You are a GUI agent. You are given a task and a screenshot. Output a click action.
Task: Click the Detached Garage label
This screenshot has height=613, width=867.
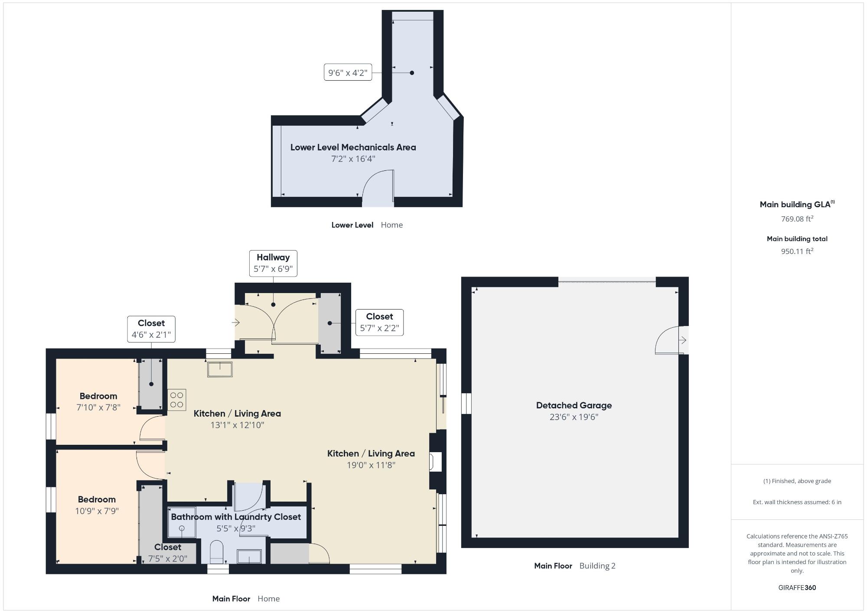tap(574, 405)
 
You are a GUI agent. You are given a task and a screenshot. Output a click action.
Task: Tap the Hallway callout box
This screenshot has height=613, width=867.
tap(273, 263)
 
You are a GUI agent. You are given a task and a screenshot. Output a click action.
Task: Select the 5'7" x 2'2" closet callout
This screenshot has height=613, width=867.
tap(379, 323)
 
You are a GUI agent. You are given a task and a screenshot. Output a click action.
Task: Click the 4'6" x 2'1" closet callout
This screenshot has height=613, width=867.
tap(151, 329)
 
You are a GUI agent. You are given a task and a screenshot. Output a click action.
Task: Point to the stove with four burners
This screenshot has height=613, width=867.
tap(177, 400)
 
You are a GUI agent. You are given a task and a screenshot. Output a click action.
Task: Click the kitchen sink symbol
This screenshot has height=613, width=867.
tap(220, 369)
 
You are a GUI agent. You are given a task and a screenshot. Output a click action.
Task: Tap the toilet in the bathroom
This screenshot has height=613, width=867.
tap(216, 551)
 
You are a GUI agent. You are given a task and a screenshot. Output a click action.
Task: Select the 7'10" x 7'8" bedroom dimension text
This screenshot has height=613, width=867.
tap(98, 408)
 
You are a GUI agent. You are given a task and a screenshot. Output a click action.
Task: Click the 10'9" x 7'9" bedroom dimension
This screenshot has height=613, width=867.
tap(97, 511)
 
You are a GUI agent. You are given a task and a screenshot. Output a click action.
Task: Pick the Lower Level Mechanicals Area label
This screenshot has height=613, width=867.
tap(353, 147)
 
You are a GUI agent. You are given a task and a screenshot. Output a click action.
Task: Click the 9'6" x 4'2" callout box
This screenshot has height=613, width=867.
tap(348, 72)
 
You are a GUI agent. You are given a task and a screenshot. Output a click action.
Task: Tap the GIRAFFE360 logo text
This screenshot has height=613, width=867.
tap(797, 588)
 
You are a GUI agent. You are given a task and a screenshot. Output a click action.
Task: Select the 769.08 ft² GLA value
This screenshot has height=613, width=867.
tap(797, 219)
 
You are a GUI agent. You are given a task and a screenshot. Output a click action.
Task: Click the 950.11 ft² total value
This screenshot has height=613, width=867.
tap(797, 251)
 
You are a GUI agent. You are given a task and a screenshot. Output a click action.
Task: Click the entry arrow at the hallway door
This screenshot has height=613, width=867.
tap(236, 323)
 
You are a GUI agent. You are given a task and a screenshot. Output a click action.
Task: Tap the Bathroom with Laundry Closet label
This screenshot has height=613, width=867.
tap(236, 517)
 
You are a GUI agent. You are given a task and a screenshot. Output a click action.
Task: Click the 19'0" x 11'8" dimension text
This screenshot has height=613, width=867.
tap(371, 465)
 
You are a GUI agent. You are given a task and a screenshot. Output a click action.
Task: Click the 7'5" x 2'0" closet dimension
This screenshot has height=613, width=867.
tap(168, 559)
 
